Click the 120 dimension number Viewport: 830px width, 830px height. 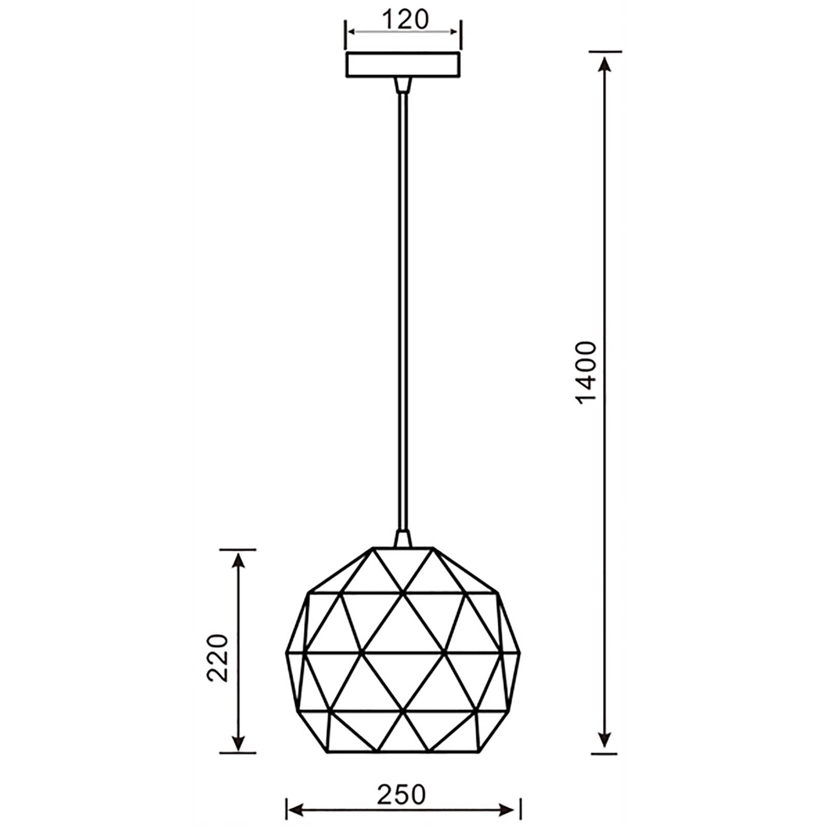click(406, 20)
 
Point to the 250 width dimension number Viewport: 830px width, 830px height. click(401, 795)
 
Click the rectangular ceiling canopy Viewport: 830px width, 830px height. click(403, 64)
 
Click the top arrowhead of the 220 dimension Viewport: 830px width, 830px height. click(238, 560)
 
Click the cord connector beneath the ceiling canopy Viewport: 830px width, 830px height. click(403, 85)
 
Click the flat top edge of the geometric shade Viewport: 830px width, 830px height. click(403, 548)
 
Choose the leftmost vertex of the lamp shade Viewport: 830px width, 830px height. click(287, 653)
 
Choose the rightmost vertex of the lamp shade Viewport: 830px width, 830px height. click(519, 653)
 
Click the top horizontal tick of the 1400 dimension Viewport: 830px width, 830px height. click(605, 52)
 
